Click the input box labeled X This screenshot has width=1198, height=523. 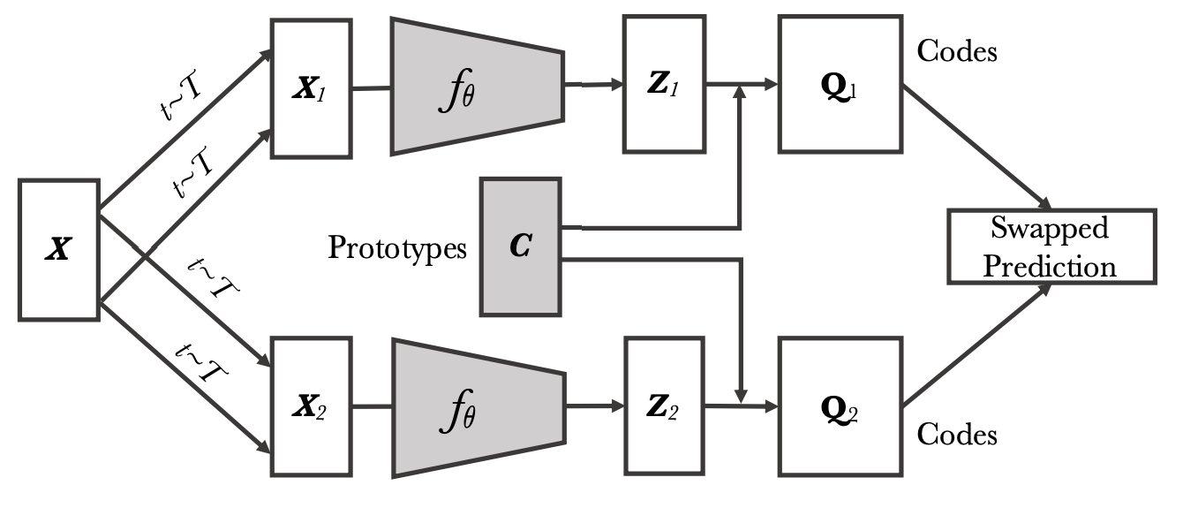click(58, 249)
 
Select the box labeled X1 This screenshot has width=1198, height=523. click(313, 88)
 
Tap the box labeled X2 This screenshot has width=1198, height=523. click(313, 406)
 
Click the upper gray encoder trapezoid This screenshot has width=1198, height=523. click(477, 86)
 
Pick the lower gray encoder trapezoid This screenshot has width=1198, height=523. click(477, 406)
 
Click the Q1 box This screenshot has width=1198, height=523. click(831, 85)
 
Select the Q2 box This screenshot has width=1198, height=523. click(831, 408)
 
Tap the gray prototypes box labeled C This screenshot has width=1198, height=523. click(520, 246)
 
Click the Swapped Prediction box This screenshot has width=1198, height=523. click(1050, 246)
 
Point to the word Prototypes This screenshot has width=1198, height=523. click(397, 248)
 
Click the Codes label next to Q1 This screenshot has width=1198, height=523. click(957, 51)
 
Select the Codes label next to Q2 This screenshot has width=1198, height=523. click(957, 434)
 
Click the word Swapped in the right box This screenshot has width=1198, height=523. click(1049, 229)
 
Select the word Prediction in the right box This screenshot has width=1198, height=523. click(1050, 266)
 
